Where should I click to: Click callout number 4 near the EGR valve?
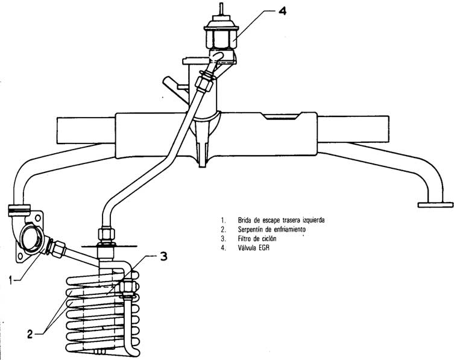pyautogui.click(x=282, y=11)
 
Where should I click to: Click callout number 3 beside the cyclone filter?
pyautogui.click(x=163, y=256)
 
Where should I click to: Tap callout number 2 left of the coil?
pyautogui.click(x=30, y=334)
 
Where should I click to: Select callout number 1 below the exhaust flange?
pyautogui.click(x=11, y=280)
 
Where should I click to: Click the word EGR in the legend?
pyautogui.click(x=263, y=248)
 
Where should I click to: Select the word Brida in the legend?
pyautogui.click(x=244, y=220)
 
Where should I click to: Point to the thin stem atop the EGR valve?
pyautogui.click(x=221, y=8)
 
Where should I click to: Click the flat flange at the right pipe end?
pyautogui.click(x=435, y=205)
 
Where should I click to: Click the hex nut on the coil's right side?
pyautogui.click(x=128, y=287)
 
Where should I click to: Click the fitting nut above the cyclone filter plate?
pyautogui.click(x=107, y=234)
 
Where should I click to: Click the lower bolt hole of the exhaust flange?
pyautogui.click(x=20, y=256)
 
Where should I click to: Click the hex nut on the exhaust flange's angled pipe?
pyautogui.click(x=58, y=248)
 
